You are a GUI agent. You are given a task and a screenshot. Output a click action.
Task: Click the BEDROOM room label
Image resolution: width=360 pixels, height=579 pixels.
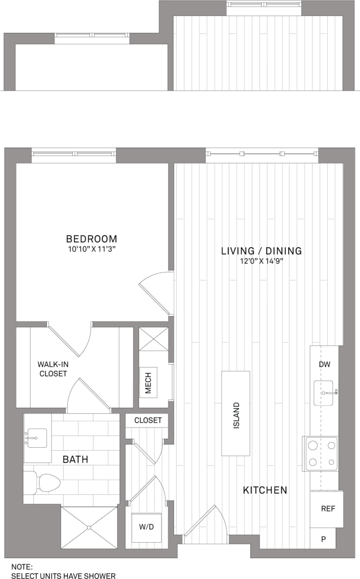[x=92, y=239]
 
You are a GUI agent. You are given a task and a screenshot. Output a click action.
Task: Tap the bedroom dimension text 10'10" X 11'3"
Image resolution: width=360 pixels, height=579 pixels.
[x=92, y=249]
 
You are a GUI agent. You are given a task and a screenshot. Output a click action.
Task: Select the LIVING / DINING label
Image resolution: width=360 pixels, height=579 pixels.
[x=261, y=250]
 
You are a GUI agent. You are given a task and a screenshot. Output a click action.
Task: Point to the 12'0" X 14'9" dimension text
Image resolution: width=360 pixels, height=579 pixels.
[x=261, y=261]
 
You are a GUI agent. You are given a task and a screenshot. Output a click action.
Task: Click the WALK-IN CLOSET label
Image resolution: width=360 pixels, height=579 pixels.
[x=53, y=369]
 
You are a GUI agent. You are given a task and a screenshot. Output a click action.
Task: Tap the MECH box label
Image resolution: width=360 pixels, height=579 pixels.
[x=149, y=382]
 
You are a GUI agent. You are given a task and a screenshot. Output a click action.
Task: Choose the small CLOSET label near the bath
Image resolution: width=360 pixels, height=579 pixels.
[x=148, y=420]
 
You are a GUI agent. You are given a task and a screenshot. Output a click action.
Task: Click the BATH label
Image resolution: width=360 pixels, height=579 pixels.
[x=75, y=459]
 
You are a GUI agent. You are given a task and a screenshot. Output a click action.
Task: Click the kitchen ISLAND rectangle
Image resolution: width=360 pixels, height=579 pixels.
[x=236, y=413]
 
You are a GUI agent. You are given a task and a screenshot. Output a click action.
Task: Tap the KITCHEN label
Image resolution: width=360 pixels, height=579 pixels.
[x=265, y=490]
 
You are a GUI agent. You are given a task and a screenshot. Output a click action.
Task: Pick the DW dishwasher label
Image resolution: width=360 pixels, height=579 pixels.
[x=324, y=364]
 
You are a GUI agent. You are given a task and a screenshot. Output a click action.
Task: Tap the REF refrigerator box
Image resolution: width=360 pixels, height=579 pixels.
[x=328, y=509]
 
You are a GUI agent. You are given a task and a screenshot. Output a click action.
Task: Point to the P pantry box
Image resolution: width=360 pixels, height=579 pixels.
[x=323, y=539]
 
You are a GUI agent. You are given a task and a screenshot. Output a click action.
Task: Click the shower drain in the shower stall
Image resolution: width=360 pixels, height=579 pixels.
[x=89, y=528]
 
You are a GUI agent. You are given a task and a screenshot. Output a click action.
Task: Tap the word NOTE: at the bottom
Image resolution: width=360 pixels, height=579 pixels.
[x=22, y=566]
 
